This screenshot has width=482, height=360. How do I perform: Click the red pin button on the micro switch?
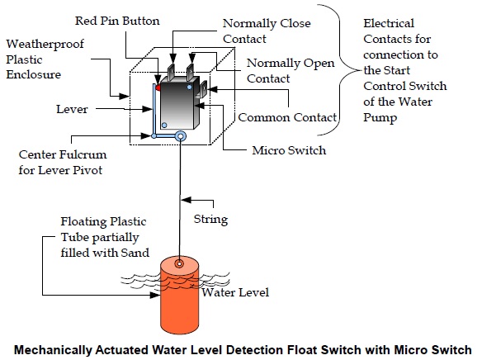point(158,87)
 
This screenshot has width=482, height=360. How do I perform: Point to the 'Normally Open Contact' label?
point(280,70)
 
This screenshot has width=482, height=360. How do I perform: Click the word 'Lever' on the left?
point(73,108)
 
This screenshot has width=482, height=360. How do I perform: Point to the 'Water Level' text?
point(237,292)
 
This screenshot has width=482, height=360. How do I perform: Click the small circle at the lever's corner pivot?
point(154,136)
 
